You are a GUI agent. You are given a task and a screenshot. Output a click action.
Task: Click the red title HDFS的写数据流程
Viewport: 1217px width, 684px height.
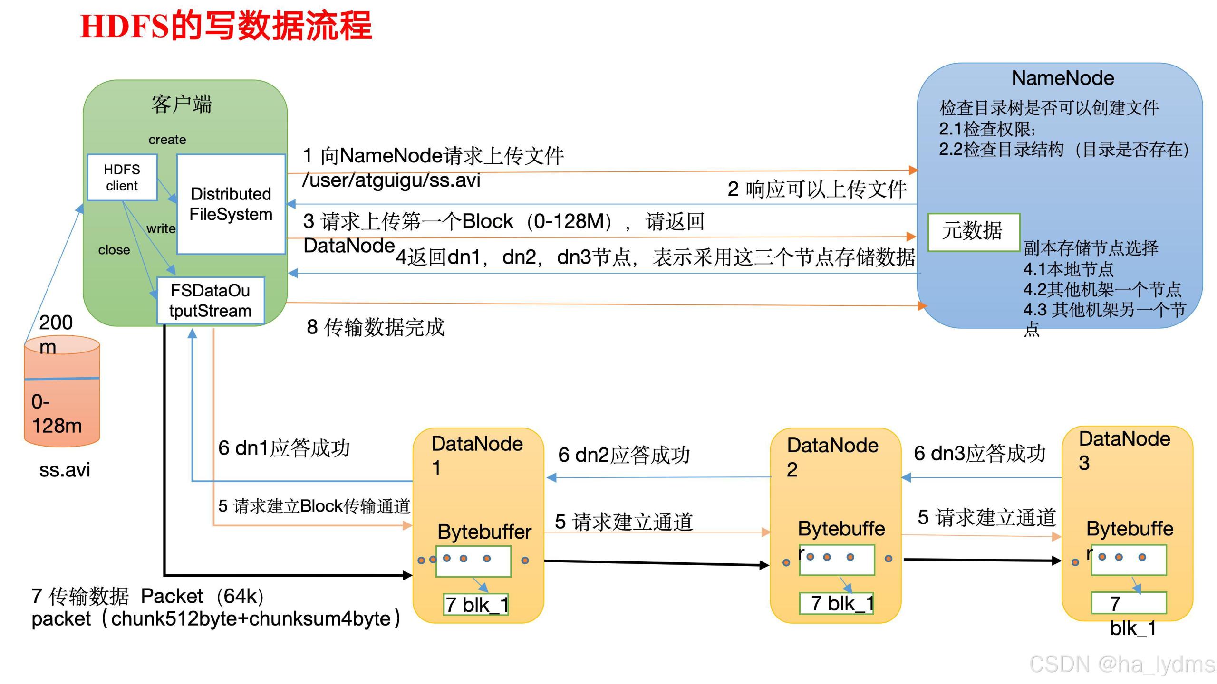click(226, 27)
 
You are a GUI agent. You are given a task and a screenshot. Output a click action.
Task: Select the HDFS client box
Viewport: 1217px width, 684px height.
click(122, 178)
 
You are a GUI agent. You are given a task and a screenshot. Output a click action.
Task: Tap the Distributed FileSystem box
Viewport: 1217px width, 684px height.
click(231, 204)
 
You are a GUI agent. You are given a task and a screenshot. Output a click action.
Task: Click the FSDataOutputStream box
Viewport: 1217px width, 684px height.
click(211, 301)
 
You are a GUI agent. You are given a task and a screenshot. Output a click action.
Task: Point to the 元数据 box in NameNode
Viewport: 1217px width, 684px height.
click(973, 232)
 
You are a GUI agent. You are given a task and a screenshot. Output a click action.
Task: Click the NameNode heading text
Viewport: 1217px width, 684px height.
click(1062, 78)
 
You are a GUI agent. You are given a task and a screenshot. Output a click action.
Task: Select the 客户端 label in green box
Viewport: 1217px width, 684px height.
click(182, 104)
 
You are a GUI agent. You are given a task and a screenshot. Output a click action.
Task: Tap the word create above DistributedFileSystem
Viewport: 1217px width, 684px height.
click(167, 140)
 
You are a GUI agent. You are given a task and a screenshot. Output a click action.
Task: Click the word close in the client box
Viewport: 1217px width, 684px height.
click(114, 250)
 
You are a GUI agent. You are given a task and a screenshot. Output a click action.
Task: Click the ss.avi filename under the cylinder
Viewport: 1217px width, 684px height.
click(65, 470)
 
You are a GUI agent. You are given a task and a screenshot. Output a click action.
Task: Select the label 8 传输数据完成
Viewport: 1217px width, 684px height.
click(376, 327)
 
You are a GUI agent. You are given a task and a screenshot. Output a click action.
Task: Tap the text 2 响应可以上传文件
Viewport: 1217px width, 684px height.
click(817, 190)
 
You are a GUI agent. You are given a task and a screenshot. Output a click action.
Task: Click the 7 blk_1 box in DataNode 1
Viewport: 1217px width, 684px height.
click(476, 605)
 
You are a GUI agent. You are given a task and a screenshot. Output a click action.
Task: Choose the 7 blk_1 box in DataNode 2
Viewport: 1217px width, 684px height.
click(837, 603)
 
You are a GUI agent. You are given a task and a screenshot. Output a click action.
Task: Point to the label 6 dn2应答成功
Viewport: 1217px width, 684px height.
click(624, 455)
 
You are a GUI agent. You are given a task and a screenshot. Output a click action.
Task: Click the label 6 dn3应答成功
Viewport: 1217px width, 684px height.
click(979, 454)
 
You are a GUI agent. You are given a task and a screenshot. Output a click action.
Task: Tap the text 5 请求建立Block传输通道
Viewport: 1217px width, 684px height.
click(314, 506)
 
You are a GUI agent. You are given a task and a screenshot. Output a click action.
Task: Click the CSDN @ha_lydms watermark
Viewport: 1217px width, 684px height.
click(1122, 664)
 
